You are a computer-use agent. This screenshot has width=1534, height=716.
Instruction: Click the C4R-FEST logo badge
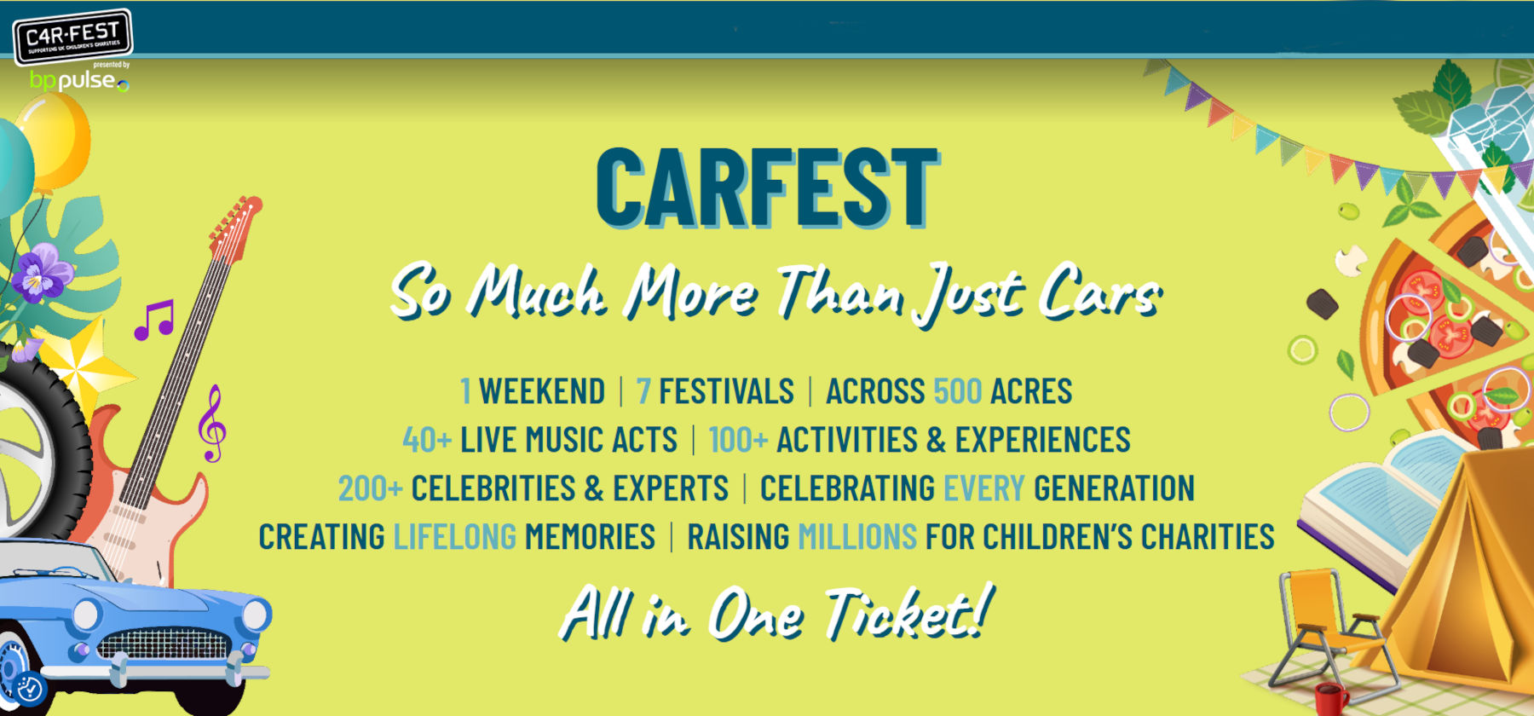point(72,37)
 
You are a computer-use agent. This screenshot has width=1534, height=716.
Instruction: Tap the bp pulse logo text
point(79,81)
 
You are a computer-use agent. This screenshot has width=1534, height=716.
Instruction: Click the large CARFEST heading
point(767,188)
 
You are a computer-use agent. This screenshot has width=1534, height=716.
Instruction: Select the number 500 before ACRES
point(958,391)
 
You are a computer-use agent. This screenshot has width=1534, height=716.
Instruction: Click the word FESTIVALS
point(726,391)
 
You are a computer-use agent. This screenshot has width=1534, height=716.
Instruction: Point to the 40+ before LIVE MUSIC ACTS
point(427,440)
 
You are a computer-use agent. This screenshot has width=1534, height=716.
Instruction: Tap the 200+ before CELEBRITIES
point(370,488)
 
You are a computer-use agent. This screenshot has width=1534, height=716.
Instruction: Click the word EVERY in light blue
point(984,488)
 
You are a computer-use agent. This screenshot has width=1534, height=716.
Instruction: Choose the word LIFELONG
point(455,537)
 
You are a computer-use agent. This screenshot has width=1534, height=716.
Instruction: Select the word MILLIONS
point(857,537)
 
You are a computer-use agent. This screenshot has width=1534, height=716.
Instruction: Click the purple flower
point(40,272)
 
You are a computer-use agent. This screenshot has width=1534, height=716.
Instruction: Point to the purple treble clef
point(211,424)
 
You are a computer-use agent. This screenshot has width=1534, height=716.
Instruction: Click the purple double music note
point(154,320)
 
